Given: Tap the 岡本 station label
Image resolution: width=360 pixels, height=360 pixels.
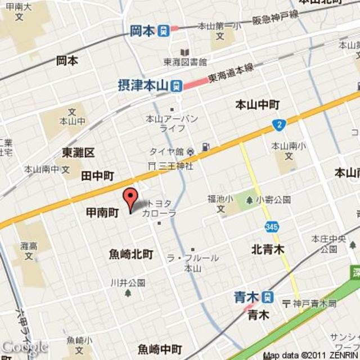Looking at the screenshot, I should [x=142, y=30].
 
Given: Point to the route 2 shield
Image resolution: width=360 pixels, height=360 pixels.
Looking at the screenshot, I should [x=278, y=124].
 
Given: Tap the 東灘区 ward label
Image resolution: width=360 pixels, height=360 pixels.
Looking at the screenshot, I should [x=78, y=153].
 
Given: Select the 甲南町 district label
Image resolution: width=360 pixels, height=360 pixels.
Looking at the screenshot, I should [x=102, y=213].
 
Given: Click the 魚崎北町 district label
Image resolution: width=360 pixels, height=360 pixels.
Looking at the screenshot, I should [x=131, y=254].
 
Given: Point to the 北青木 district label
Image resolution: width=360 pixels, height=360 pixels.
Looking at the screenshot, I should [x=268, y=249].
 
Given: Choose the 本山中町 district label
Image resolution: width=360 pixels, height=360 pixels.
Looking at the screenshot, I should [x=256, y=105].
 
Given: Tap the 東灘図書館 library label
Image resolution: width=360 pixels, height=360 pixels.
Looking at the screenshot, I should [x=185, y=62].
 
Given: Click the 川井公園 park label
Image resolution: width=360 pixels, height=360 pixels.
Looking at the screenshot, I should [x=128, y=282].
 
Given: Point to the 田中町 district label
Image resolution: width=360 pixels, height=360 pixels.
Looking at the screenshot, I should [x=97, y=176].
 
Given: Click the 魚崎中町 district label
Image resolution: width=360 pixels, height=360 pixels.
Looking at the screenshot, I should [x=160, y=349].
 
